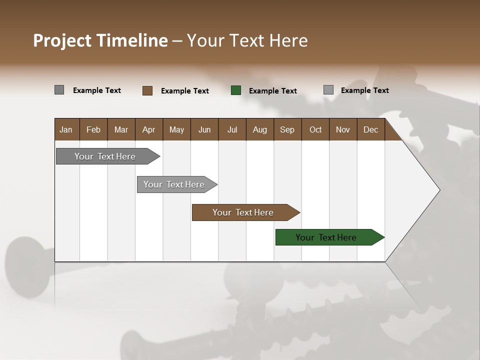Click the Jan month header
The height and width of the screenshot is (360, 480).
pyautogui.click(x=66, y=129)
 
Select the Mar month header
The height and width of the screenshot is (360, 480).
pyautogui.click(x=121, y=129)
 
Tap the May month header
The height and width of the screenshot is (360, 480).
pyautogui.click(x=176, y=129)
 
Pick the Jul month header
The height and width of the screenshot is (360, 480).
pyautogui.click(x=232, y=129)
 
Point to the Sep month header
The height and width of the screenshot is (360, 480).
pyautogui.click(x=287, y=129)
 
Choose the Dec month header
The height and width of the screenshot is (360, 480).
pyautogui.click(x=370, y=129)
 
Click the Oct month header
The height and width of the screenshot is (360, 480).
pyautogui.click(x=315, y=129)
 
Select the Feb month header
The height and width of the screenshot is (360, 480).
pyautogui.click(x=93, y=129)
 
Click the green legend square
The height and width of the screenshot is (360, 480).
pyautogui.click(x=236, y=90)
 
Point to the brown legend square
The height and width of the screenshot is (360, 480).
pyautogui.click(x=147, y=90)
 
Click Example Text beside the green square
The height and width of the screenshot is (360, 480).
pyautogui.click(x=272, y=91)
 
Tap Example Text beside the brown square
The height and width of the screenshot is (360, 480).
pyautogui.click(x=184, y=91)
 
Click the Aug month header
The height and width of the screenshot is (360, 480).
pyautogui.click(x=259, y=129)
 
